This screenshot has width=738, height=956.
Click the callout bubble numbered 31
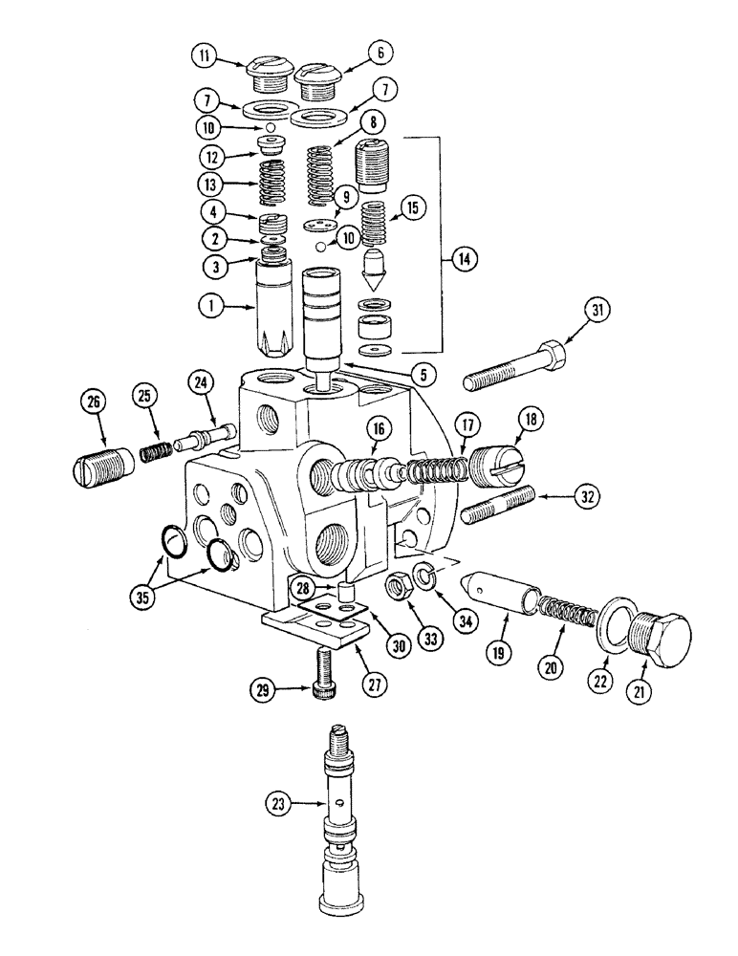(x=598, y=310)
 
